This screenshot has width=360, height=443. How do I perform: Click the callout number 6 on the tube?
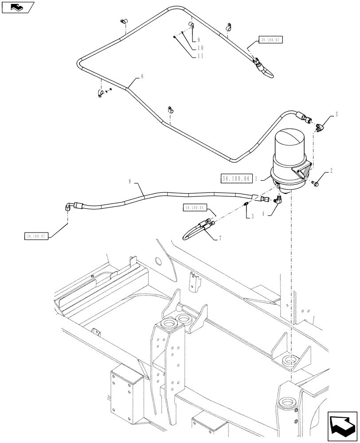[x=142, y=76]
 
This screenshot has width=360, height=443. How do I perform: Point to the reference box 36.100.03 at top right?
[x=270, y=39]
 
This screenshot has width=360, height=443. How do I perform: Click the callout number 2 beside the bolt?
[x=331, y=170]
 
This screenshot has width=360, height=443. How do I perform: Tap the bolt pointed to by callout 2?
[x=315, y=182]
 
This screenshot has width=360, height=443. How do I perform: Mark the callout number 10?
[x=200, y=47]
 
